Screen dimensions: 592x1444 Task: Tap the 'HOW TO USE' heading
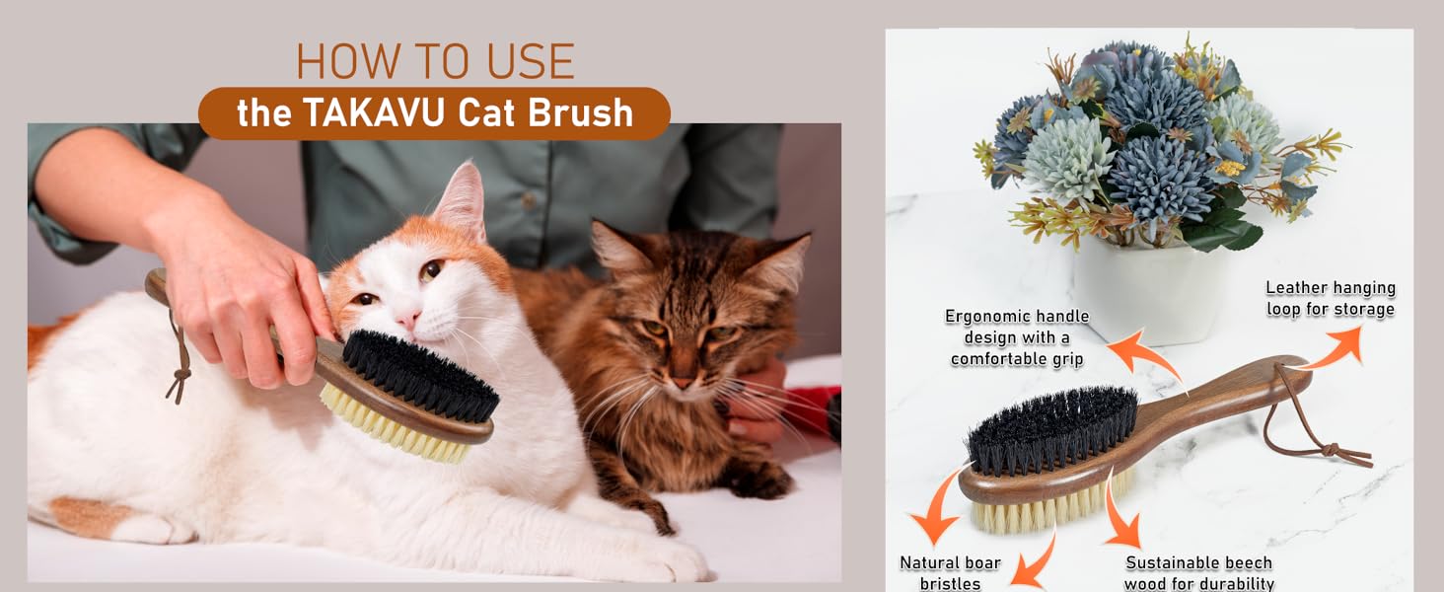435,62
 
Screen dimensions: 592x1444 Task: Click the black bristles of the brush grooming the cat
419,374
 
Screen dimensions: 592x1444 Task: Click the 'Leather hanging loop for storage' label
1330,298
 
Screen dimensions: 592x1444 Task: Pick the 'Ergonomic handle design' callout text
1017,337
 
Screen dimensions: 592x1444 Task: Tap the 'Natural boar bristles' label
950,572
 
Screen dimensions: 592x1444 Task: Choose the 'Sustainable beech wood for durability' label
1198,572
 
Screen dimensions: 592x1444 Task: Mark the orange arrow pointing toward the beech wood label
1120,513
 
